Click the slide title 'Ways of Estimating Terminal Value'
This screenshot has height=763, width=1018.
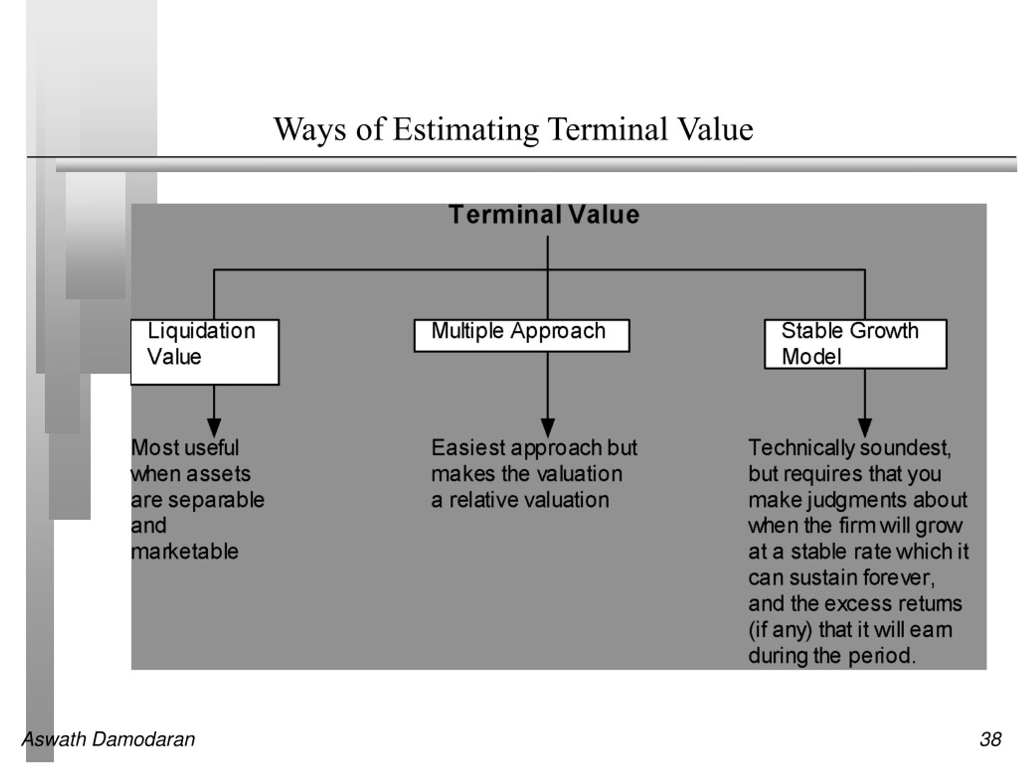pos(513,130)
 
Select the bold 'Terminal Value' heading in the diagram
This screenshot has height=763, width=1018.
pos(544,215)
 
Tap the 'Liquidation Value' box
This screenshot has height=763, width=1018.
pos(205,352)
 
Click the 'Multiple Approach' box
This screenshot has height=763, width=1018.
pos(522,336)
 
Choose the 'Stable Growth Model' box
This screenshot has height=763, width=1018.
pos(855,344)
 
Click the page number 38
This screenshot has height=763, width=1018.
pos(991,740)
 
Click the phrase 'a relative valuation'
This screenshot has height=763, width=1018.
pos(521,500)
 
